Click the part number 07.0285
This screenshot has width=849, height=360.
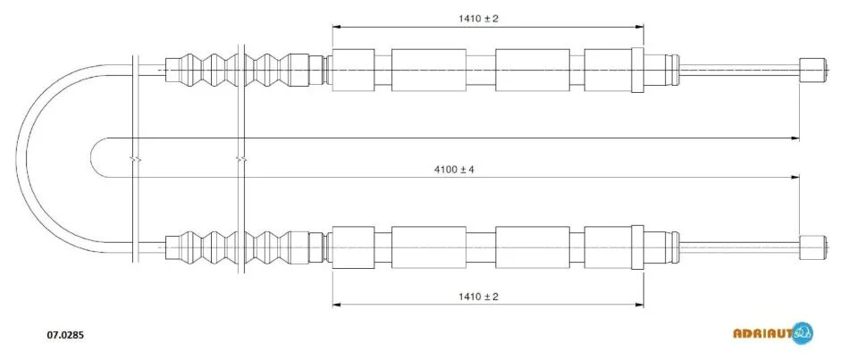pyautogui.click(x=63, y=335)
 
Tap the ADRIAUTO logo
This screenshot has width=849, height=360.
pyautogui.click(x=773, y=333)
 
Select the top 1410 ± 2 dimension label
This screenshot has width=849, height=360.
pyautogui.click(x=478, y=19)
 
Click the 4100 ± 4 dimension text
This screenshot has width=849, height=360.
pyautogui.click(x=454, y=170)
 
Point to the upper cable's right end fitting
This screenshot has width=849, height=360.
pyautogui.click(x=812, y=70)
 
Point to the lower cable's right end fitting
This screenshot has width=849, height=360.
pyautogui.click(x=812, y=247)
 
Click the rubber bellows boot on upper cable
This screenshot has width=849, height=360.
pyautogui.click(x=236, y=70)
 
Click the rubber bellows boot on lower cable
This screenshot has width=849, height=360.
pyautogui.click(x=236, y=247)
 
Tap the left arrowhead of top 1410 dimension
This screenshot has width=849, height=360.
pyautogui.click(x=336, y=26)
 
